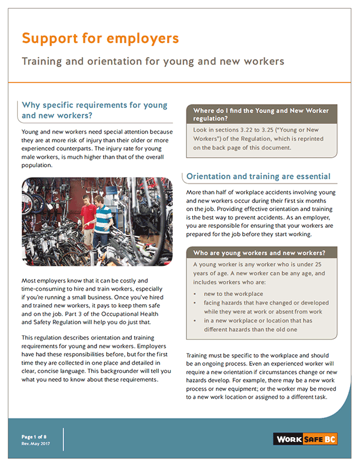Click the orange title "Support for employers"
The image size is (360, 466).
point(100,39)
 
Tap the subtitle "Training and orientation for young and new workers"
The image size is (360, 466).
point(153,61)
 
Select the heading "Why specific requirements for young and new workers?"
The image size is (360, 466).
point(94,111)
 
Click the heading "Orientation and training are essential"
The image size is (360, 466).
point(258,177)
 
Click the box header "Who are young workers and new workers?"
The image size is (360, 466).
point(259,254)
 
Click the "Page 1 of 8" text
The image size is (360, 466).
point(34,437)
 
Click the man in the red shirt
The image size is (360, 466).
point(88,215)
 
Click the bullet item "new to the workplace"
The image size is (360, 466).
point(233,293)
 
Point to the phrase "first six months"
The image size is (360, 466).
point(311,201)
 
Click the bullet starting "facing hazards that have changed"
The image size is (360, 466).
point(266,307)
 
